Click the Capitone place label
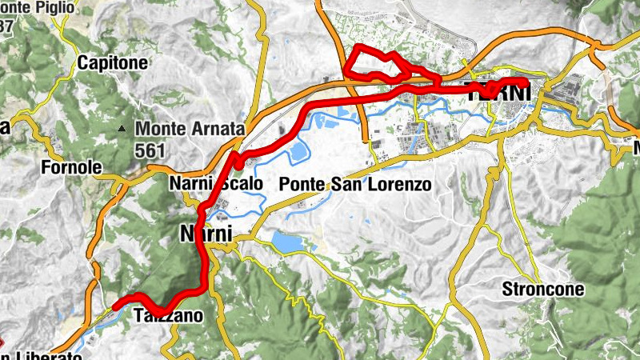[112, 62]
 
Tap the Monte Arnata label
[189, 128]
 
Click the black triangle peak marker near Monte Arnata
[122, 128]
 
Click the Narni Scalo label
[216, 184]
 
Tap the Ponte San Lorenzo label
[355, 185]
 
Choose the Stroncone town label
[542, 289]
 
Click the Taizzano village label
[169, 316]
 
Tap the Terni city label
[498, 93]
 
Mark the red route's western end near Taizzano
[115, 306]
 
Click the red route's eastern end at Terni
[525, 82]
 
